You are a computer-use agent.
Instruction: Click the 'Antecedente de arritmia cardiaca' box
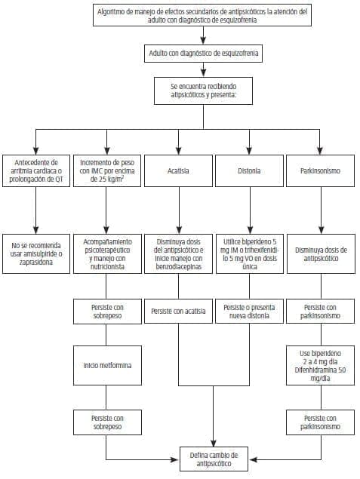35,171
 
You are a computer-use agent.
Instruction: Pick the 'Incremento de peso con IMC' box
106,171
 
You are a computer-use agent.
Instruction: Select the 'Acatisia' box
178,171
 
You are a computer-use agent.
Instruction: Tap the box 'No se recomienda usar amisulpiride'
35,252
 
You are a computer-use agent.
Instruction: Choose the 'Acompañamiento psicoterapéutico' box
106,252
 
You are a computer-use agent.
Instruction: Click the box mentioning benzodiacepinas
178,252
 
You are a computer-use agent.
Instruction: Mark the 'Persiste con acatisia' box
178,311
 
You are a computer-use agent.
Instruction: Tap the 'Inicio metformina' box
106,366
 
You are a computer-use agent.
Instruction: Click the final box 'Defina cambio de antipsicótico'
214,459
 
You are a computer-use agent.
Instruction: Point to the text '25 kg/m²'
106,182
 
